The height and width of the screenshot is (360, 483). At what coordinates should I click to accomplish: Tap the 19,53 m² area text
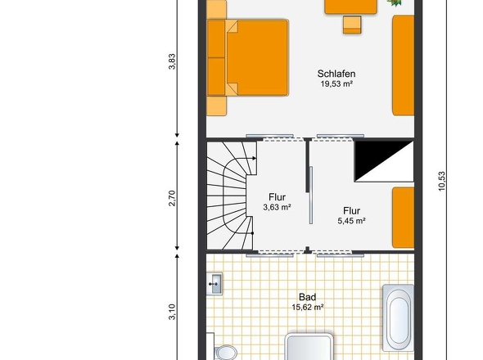[x=336, y=84]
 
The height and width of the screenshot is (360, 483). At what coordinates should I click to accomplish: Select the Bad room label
[x=308, y=297]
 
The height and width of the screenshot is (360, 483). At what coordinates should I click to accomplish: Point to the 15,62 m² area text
[x=308, y=308]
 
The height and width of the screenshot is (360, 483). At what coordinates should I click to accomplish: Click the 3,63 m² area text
[x=277, y=208]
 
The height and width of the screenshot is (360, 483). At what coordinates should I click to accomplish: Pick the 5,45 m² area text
[x=351, y=221]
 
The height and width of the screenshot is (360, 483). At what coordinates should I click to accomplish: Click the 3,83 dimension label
[x=172, y=61]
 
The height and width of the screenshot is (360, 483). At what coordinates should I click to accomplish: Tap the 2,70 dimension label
[x=172, y=199]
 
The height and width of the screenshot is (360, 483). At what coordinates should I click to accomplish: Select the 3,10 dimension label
[x=172, y=312]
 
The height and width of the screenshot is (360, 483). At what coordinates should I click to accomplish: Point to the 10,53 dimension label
[x=442, y=182]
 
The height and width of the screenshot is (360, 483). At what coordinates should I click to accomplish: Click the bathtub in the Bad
[x=398, y=317]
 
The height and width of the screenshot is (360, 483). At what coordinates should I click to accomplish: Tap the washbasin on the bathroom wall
[x=214, y=284]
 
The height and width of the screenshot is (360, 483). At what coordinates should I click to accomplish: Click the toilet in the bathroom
[x=225, y=353]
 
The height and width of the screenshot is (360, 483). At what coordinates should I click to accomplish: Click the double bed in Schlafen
[x=248, y=58]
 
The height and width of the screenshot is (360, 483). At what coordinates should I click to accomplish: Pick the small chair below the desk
[x=352, y=25]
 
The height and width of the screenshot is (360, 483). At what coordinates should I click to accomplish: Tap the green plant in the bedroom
[x=395, y=2]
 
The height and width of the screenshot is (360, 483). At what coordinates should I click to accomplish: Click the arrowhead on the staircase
[x=254, y=158]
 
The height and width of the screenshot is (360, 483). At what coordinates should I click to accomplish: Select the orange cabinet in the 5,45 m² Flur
[x=403, y=218]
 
